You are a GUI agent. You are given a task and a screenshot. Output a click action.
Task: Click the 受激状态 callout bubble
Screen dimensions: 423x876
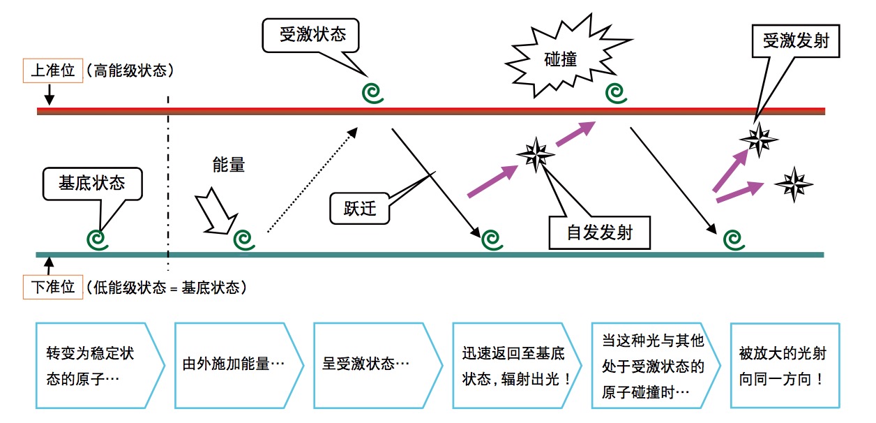[312, 35]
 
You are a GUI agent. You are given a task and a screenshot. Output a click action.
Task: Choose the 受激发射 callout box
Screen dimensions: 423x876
[795, 41]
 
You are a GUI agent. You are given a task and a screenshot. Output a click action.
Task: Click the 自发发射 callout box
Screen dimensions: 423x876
[599, 232]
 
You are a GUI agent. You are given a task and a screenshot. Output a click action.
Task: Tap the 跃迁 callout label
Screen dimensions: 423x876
[359, 209]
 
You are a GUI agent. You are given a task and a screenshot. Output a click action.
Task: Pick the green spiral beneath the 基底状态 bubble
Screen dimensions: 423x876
[98, 238]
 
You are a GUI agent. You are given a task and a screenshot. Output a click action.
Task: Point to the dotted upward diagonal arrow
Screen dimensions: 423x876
[312, 179]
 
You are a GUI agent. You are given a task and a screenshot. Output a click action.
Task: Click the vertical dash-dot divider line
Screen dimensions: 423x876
[168, 181]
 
